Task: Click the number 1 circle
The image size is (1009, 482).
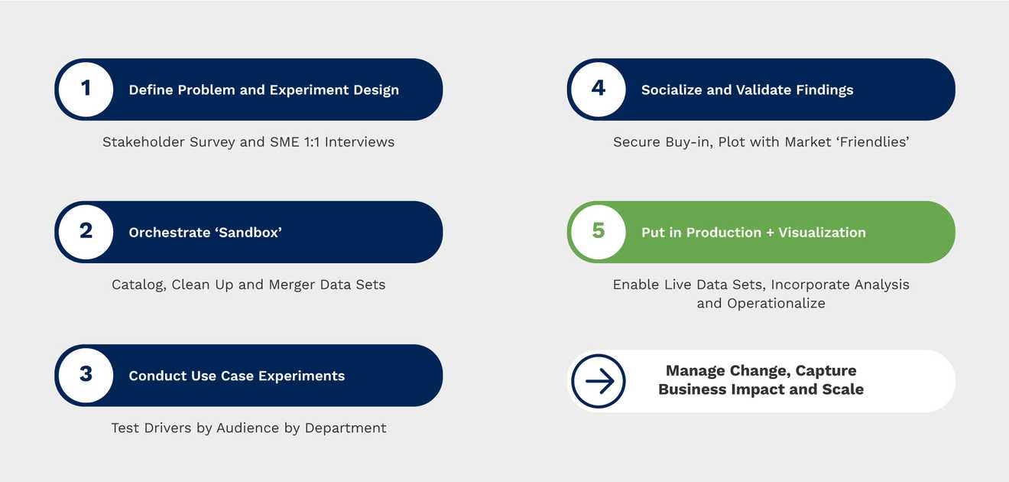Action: click(86, 90)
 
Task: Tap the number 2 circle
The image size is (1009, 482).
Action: click(86, 232)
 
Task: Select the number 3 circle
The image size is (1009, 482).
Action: click(86, 375)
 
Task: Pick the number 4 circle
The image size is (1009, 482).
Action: click(599, 90)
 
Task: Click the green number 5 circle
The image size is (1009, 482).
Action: click(599, 232)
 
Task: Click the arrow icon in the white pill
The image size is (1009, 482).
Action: click(599, 381)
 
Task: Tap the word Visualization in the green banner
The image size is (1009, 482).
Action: click(822, 233)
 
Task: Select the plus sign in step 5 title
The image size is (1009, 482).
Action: click(769, 233)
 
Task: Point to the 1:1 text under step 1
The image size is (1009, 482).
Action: click(312, 142)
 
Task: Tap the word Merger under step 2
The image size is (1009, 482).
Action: click(292, 285)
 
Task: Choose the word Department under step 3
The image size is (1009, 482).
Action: click(346, 428)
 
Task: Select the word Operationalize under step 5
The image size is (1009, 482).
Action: click(776, 304)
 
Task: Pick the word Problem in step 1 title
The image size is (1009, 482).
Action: click(206, 90)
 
